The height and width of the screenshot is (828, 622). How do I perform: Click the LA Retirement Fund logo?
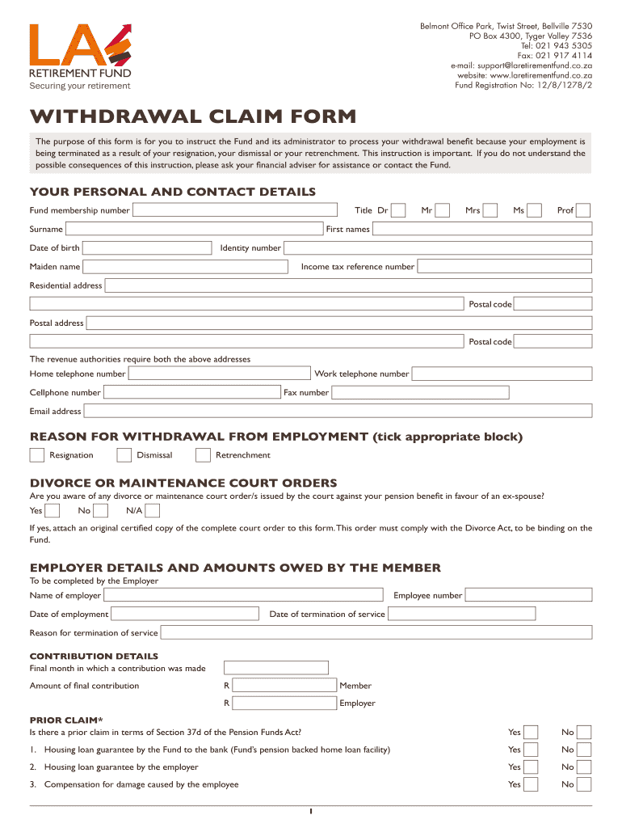click(80, 56)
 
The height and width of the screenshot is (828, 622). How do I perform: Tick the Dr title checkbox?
click(397, 210)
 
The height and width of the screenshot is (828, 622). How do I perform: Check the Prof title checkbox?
click(583, 210)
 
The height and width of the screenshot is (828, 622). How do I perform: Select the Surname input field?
click(195, 229)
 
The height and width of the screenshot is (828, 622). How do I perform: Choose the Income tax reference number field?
click(504, 266)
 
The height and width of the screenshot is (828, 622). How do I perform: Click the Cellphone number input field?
click(192, 393)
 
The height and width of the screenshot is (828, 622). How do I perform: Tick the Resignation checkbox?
click(37, 454)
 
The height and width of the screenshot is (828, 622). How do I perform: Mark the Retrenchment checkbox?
click(204, 454)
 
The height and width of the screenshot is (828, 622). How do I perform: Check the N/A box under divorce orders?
click(153, 510)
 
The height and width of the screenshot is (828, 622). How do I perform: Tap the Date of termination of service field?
click(460, 615)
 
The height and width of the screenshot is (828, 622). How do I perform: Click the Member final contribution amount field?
click(284, 686)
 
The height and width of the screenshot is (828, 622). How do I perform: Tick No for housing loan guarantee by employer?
click(584, 767)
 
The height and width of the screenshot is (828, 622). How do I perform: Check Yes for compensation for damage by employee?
click(531, 784)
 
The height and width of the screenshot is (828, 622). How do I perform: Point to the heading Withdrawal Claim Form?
click(192, 116)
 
